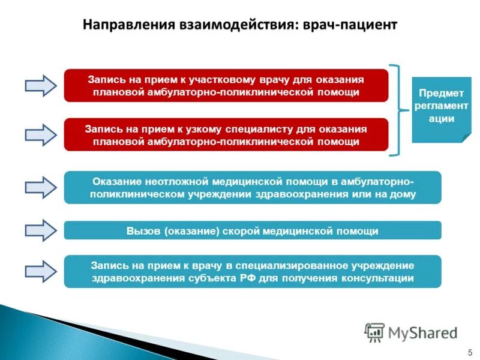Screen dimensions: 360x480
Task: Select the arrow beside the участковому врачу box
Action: tap(40, 85)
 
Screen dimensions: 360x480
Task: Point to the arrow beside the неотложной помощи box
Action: tap(40, 187)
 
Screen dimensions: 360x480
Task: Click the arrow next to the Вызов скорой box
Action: tap(40, 230)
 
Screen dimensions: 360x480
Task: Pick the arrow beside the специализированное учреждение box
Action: tap(40, 271)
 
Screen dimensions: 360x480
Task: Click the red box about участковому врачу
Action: tap(226, 85)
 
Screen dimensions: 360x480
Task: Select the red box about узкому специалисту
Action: tap(226, 135)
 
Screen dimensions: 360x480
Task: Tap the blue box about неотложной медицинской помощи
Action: tap(252, 187)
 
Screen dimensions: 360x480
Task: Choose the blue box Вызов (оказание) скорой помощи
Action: tap(252, 230)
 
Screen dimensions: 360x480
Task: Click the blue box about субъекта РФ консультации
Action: tap(252, 271)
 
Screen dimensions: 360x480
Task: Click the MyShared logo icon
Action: tap(375, 332)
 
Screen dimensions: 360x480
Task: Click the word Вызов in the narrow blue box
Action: tap(140, 230)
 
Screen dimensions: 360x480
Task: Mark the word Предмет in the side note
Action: tap(441, 92)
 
